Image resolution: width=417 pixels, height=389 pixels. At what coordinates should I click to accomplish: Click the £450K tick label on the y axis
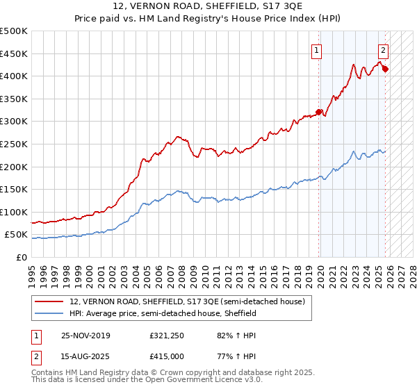click(x=14, y=53)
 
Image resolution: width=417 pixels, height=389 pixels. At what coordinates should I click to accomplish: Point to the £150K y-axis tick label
click(x=14, y=190)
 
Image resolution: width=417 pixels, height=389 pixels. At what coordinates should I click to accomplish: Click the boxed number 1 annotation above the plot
click(x=317, y=50)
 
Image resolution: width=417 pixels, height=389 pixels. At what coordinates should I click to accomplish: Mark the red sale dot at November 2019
click(x=320, y=112)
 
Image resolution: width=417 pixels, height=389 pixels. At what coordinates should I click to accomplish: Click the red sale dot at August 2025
click(x=385, y=69)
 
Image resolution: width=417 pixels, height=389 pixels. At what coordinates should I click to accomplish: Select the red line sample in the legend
click(x=50, y=301)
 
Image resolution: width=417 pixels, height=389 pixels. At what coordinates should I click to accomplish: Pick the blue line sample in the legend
click(x=50, y=314)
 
